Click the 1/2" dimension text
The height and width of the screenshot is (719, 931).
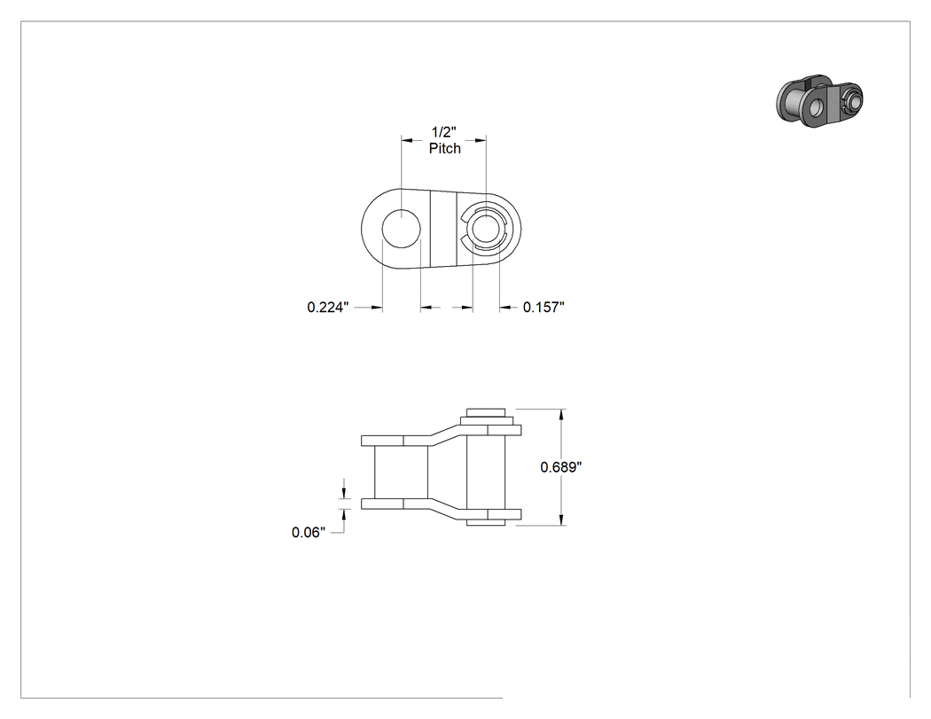[443, 132]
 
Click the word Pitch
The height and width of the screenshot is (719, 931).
[445, 148]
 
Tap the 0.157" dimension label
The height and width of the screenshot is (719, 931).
[544, 307]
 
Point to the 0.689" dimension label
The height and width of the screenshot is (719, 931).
[560, 467]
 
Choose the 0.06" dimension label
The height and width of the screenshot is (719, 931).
[309, 533]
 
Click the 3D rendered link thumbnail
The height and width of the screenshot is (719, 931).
[819, 101]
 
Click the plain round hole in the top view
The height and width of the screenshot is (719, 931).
[401, 228]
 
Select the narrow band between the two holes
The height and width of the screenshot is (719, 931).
[443, 229]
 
